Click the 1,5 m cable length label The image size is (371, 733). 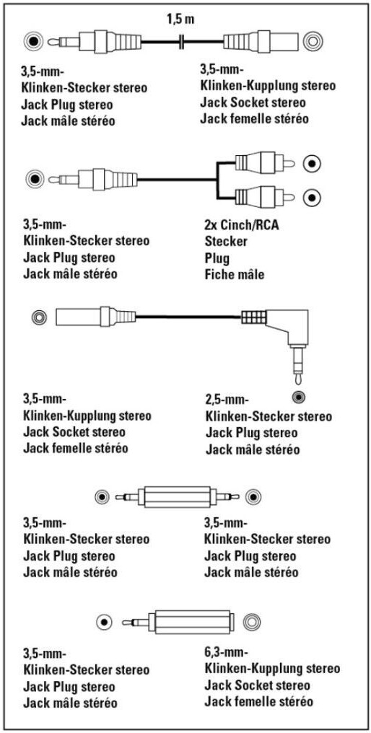(x=180, y=19)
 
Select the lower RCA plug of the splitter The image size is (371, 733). (x=264, y=197)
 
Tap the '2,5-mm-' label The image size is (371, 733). (x=227, y=399)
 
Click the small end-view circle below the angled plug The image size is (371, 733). (x=298, y=398)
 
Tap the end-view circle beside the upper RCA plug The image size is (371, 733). (x=312, y=164)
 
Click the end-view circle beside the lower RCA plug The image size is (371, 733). (x=312, y=197)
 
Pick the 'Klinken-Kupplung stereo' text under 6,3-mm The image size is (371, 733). (x=272, y=669)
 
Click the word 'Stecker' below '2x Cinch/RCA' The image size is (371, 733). (x=226, y=242)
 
